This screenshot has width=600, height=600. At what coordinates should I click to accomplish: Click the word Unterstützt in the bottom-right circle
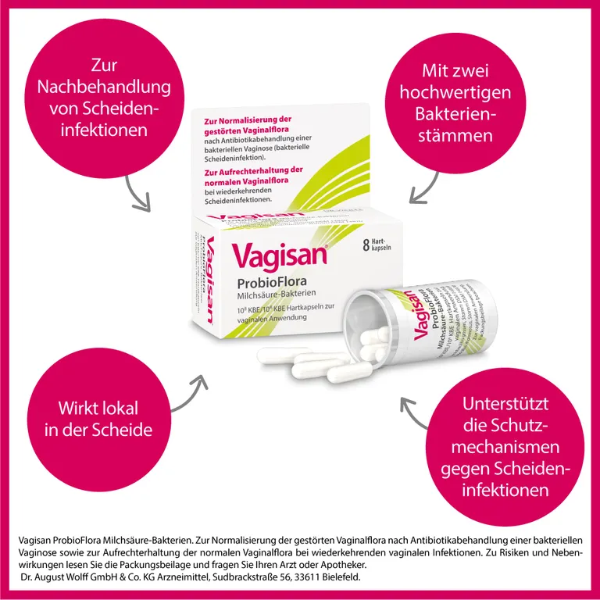(506, 405)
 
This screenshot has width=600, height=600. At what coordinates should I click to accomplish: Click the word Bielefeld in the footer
(340, 577)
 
